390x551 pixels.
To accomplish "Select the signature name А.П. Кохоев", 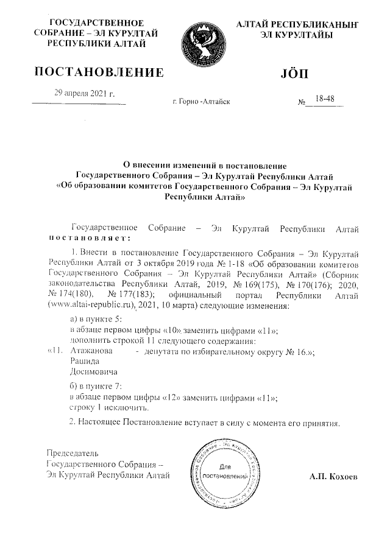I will pos(333,476).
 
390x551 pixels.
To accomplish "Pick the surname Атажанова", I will pos(91,351).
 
